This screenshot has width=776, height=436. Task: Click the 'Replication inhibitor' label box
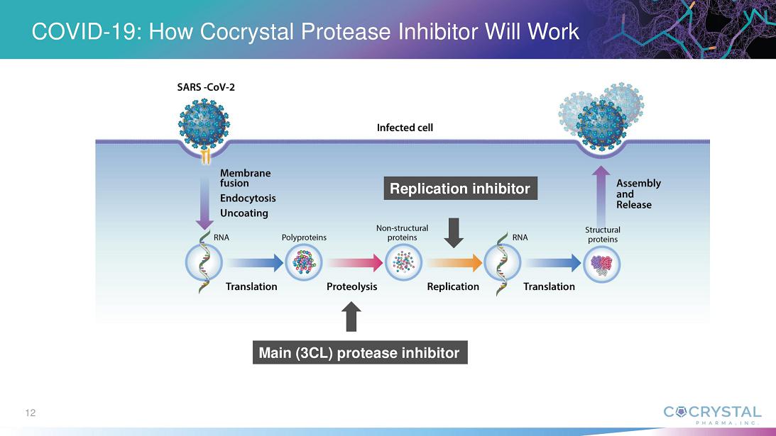[460, 189]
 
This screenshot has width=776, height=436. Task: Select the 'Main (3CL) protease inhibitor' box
[359, 352]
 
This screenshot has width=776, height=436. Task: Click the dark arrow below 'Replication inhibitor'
[454, 233]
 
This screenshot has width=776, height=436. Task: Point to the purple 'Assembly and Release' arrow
[601, 194]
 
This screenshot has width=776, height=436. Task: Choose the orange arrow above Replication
[454, 264]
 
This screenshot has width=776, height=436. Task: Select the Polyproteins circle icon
[304, 263]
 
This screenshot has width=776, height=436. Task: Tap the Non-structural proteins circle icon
[403, 263]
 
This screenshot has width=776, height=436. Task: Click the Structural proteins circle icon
[602, 264]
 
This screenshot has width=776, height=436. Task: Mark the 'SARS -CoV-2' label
[205, 88]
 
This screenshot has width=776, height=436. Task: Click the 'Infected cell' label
[405, 128]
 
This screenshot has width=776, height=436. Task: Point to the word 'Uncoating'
[244, 213]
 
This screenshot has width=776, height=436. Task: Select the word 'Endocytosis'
[248, 199]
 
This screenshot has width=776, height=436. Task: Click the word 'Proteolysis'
[351, 286]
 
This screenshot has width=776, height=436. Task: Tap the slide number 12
[30, 413]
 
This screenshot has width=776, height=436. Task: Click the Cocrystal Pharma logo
[711, 414]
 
